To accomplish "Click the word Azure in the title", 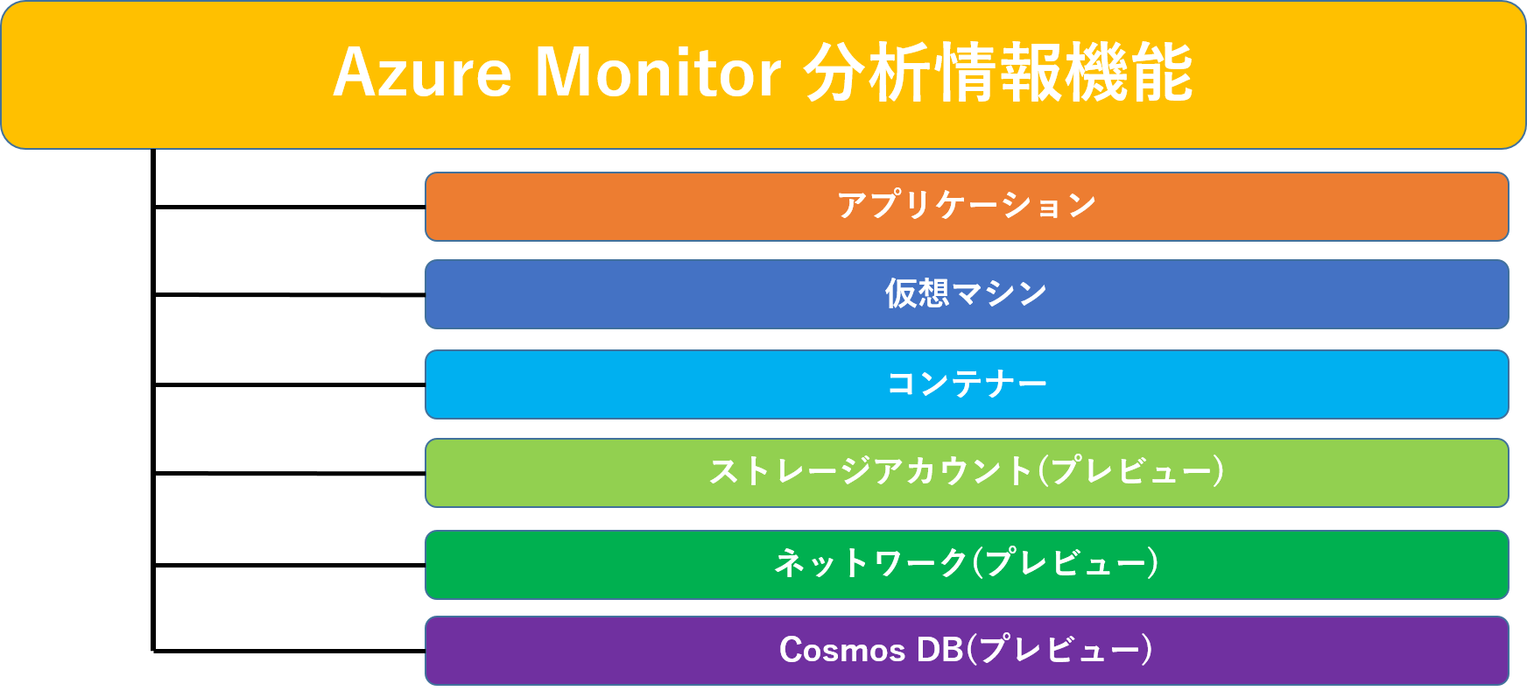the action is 422,72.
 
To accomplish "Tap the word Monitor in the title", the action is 658,72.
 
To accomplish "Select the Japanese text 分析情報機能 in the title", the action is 998,72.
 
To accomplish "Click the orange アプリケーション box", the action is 967,207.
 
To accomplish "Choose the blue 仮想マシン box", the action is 967,294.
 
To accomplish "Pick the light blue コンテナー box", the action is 967,384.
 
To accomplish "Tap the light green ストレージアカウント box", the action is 967,473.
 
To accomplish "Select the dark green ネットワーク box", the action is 967,565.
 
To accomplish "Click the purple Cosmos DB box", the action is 967,651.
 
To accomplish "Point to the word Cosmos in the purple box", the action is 842,650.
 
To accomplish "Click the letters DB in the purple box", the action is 939,650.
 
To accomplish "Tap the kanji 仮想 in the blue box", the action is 917,293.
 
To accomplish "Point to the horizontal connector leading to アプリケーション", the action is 290,207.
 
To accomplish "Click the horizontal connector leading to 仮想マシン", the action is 290,294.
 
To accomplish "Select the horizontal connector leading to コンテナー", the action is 290,384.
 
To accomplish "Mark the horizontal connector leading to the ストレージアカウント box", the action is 290,473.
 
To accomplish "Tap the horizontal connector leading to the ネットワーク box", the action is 290,565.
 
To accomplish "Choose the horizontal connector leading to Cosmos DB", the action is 290,651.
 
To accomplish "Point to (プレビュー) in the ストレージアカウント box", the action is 1130,471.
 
